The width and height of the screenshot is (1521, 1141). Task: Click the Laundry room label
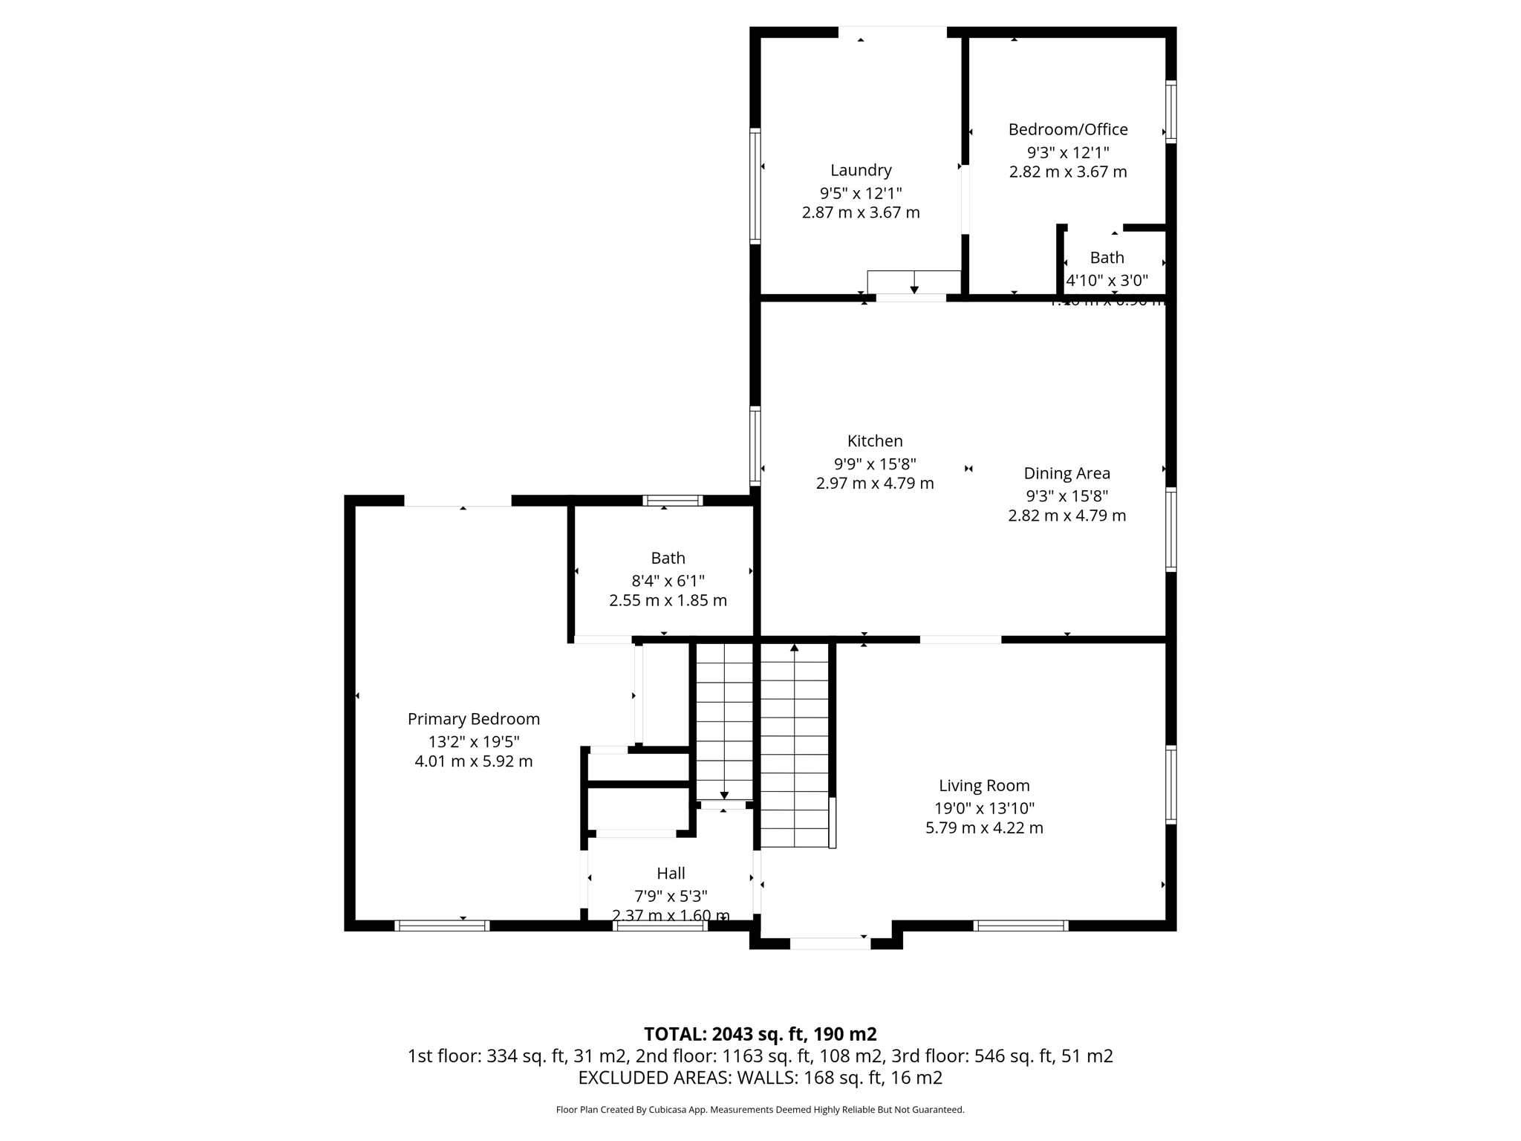click(861, 170)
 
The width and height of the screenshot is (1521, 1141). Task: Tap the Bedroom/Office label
click(1067, 129)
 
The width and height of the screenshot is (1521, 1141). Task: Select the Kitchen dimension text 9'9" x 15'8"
click(875, 464)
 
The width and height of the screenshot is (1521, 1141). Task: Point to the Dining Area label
click(1066, 473)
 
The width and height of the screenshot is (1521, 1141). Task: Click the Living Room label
click(984, 785)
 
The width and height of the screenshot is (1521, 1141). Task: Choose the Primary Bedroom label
click(473, 719)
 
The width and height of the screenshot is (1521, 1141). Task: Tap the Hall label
click(671, 874)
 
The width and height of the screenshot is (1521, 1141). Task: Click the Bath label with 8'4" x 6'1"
click(668, 558)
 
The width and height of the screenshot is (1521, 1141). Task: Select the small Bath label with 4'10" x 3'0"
click(1107, 258)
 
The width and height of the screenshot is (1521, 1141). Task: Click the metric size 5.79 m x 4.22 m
click(984, 828)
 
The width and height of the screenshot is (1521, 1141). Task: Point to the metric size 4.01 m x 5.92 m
click(473, 761)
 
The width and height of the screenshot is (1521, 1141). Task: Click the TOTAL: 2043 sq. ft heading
click(760, 1034)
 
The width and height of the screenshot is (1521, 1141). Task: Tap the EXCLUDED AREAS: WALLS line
click(760, 1078)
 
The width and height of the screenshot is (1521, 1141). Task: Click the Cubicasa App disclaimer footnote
click(760, 1110)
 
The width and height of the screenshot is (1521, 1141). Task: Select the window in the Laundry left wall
click(755, 186)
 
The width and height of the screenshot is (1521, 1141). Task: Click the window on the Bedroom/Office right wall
click(1170, 111)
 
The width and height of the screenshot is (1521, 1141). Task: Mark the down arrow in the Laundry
click(914, 288)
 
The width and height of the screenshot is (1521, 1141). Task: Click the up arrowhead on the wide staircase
click(794, 648)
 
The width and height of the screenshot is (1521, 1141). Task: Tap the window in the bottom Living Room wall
click(1020, 926)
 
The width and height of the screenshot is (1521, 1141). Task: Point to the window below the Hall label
click(659, 926)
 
